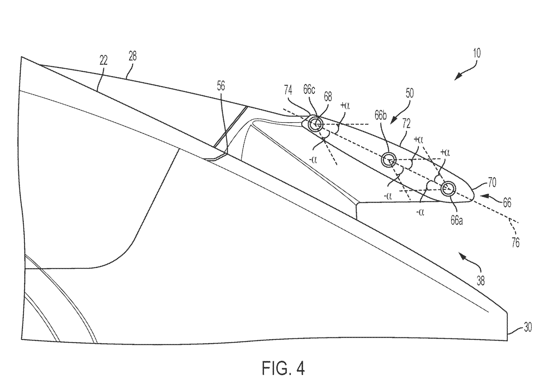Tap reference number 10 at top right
coord(476,53)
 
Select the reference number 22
coord(103,60)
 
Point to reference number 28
coord(133,56)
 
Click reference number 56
coord(221,86)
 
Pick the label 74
coord(288,90)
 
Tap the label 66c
coord(309,90)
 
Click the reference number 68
coord(328,97)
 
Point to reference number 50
coord(409,93)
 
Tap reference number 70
coord(491,182)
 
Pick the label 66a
coord(457,221)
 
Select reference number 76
coord(515,243)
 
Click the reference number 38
coord(481,281)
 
